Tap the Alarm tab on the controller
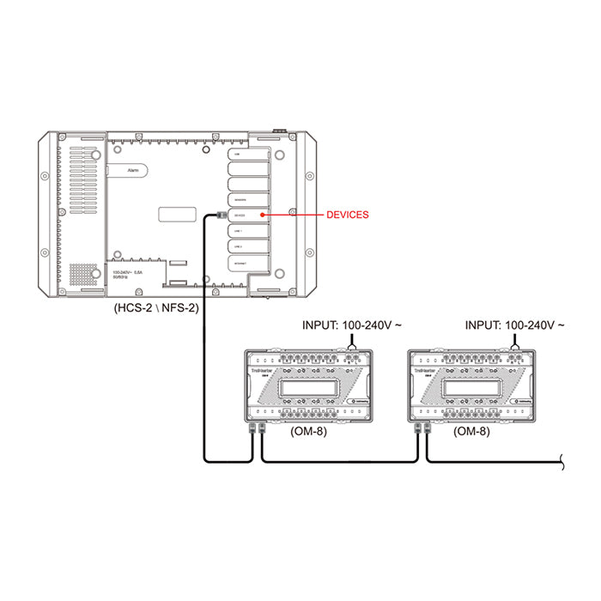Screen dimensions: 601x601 pos(133,171)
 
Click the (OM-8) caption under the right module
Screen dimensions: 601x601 pos(471,431)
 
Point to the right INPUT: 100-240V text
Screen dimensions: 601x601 pos(514,325)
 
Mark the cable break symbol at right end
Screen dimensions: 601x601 pos(562,463)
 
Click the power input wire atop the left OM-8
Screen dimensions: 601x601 pos(351,342)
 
